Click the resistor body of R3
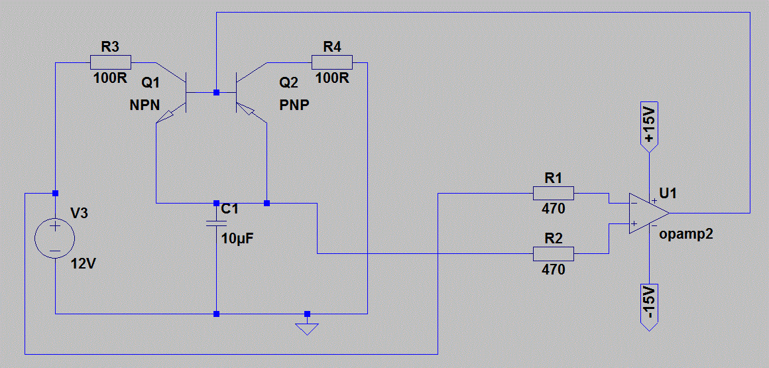(x=110, y=62)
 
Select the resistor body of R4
(x=331, y=62)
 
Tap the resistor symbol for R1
(x=553, y=194)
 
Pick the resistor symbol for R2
(x=553, y=253)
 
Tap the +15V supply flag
(x=648, y=125)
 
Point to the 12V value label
(x=84, y=263)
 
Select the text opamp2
(x=686, y=235)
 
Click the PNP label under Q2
(x=294, y=105)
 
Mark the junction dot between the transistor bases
(x=216, y=92)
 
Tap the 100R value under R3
(x=110, y=78)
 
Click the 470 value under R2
(x=553, y=270)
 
